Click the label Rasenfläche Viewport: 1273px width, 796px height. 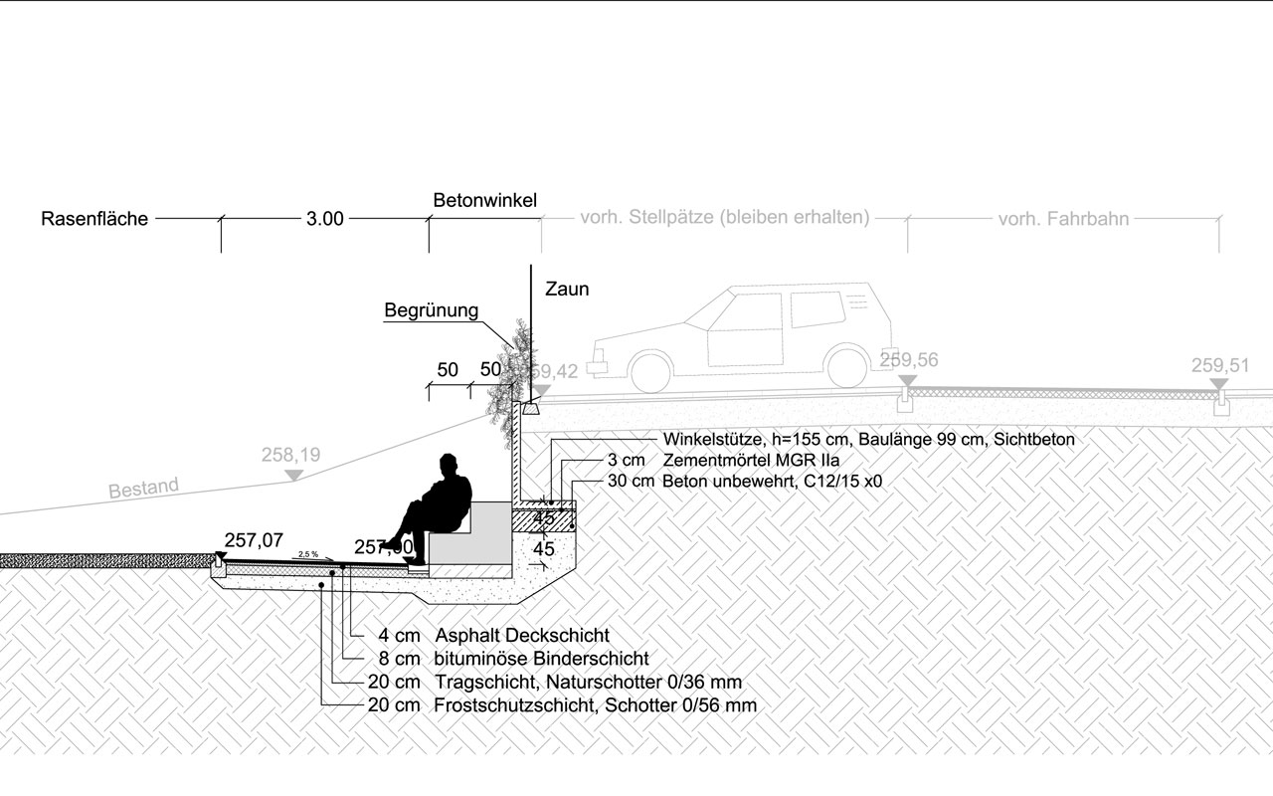pyautogui.click(x=94, y=219)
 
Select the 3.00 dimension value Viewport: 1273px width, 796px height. pyautogui.click(x=324, y=219)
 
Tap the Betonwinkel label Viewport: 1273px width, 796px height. pyautogui.click(x=484, y=201)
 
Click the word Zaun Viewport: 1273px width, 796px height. pyautogui.click(x=567, y=291)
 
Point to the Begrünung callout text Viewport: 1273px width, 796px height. pyautogui.click(x=431, y=311)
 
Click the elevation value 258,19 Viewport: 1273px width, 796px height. pyautogui.click(x=290, y=455)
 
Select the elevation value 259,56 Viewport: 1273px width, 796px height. pyautogui.click(x=908, y=360)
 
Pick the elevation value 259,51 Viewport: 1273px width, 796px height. pyautogui.click(x=1219, y=365)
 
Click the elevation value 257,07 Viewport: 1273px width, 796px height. pyautogui.click(x=254, y=540)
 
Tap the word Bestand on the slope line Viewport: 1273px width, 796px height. pyautogui.click(x=143, y=490)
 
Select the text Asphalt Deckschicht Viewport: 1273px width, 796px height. pyautogui.click(x=521, y=635)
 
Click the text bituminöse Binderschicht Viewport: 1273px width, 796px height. pyautogui.click(x=541, y=659)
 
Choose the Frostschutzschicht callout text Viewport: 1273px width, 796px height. pyautogui.click(x=595, y=705)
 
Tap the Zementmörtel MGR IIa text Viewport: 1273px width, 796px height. pyautogui.click(x=751, y=461)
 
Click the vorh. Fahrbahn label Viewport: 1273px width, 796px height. pyautogui.click(x=1063, y=219)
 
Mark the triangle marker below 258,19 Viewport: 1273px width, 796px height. pyautogui.click(x=292, y=475)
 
